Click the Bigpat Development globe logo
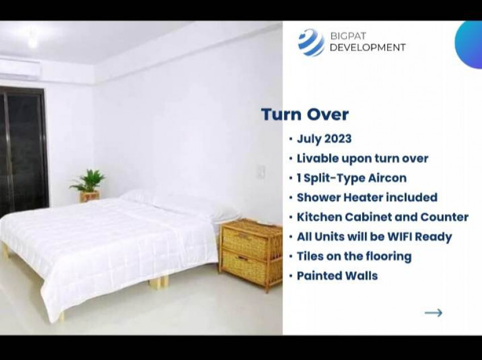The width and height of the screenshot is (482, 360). click(311, 41)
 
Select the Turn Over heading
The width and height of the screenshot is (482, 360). click(305, 114)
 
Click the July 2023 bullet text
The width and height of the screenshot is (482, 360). click(324, 139)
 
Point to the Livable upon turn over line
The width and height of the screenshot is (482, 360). click(362, 158)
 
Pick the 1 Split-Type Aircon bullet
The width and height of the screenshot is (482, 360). click(351, 178)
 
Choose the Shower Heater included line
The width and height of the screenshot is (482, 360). click(367, 198)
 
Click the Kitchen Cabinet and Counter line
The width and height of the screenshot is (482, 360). click(382, 217)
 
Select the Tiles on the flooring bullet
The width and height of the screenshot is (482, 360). click(354, 256)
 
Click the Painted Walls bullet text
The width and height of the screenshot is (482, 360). click(337, 276)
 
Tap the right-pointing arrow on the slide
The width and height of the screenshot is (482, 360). click(433, 312)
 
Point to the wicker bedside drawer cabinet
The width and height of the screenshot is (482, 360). click(251, 252)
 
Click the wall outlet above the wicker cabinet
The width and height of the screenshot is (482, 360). click(261, 171)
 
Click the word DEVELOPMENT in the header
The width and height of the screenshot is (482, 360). click(367, 48)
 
